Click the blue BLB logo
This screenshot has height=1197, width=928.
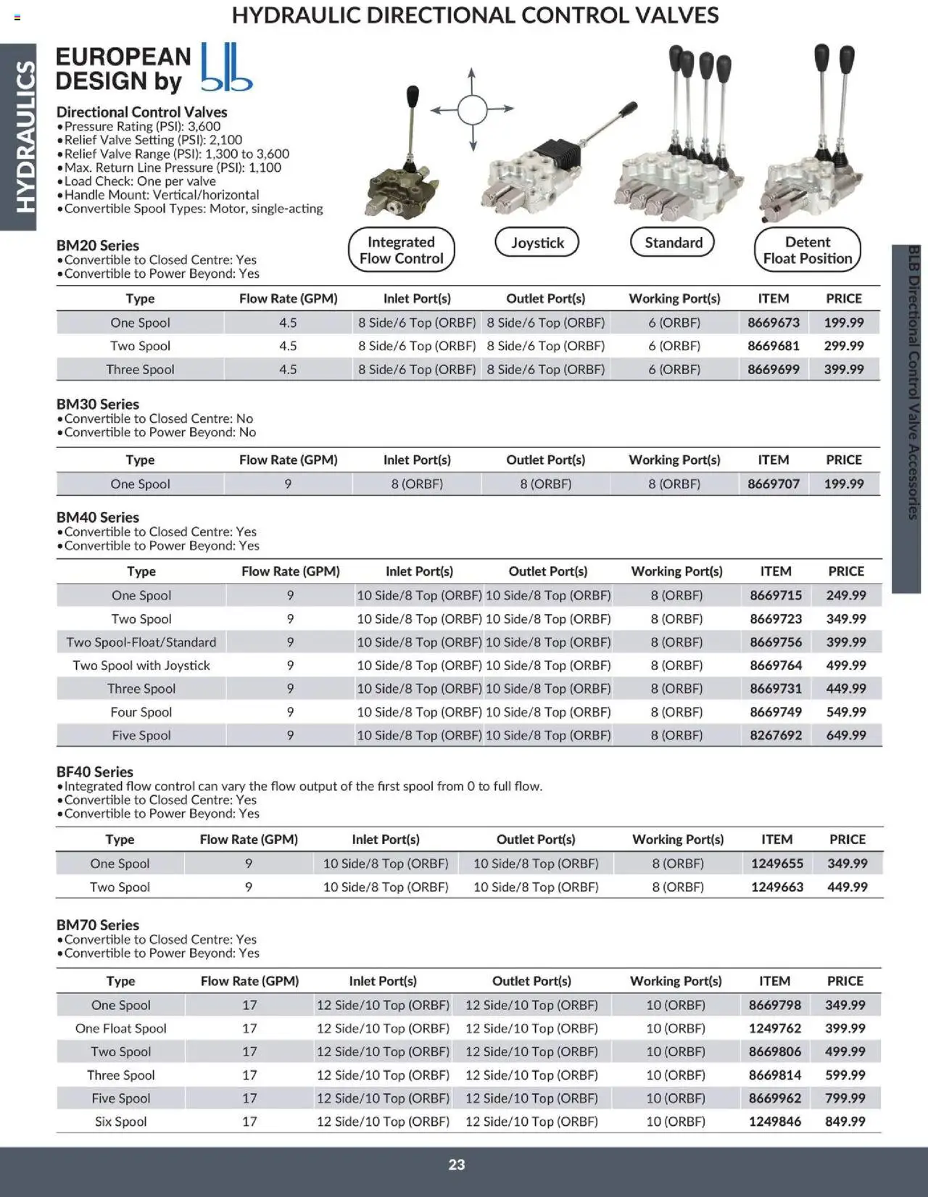[225, 67]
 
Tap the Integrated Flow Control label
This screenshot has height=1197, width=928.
[401, 250]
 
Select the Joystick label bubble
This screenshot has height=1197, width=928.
[537, 242]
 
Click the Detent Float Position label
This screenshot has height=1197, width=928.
[807, 250]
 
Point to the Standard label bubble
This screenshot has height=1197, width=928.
[673, 242]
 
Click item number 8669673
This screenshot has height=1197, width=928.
[773, 323]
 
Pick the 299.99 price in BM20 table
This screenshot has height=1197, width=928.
[843, 346]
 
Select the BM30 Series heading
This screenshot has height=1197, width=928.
[98, 404]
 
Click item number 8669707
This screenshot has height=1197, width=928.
[773, 484]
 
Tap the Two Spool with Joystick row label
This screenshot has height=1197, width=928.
[141, 665]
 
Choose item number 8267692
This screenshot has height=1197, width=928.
[776, 735]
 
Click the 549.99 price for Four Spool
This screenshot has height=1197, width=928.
[845, 712]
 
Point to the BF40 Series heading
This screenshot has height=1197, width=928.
[95, 771]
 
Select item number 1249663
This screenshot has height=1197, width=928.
[776, 887]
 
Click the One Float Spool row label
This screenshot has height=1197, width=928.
[121, 1028]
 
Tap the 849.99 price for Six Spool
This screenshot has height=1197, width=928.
[845, 1122]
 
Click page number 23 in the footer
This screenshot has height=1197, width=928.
[457, 1164]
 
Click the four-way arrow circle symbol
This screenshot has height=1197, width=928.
[472, 109]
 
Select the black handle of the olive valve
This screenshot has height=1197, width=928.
[413, 96]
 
